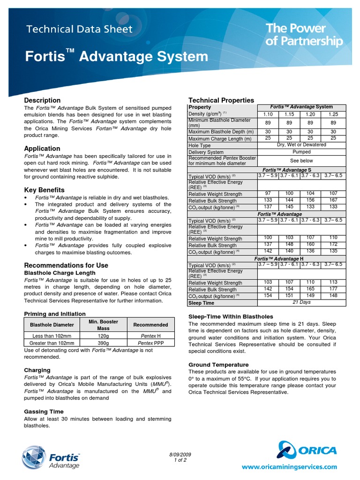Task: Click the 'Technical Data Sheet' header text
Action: [79, 30]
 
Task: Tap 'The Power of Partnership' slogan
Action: [304, 35]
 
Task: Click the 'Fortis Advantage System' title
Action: [116, 57]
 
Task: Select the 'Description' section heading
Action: [42, 100]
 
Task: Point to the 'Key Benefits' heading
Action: [44, 190]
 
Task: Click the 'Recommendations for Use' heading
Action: [66, 265]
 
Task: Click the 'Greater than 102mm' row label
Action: [52, 344]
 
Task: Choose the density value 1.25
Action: [333, 114]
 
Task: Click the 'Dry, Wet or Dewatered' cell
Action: [301, 145]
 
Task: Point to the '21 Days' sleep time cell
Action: [301, 302]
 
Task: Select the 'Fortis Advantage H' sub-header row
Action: [278, 259]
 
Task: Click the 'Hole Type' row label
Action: [200, 146]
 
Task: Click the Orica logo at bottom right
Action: [307, 450]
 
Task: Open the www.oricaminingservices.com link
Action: [289, 467]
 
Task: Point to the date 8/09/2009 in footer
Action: [180, 455]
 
